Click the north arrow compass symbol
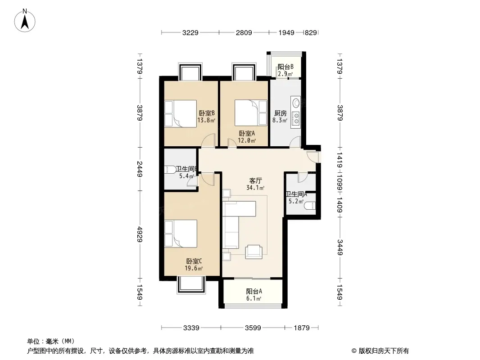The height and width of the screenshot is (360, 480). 25,20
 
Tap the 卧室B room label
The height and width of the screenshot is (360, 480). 207,113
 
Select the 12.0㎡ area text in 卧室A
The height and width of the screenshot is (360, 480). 247,141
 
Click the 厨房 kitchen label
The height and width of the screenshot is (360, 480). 280,113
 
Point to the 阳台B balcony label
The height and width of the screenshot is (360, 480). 285,67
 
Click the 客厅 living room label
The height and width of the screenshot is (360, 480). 255,181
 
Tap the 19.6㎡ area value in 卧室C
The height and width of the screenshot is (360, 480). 194,269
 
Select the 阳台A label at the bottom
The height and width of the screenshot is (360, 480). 254,292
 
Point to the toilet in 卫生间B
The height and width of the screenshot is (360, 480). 170,170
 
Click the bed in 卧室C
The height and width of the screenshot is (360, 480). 181,234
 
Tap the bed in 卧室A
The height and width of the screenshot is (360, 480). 251,113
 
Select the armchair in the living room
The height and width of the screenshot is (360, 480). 254,252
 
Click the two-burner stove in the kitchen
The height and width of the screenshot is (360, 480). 296,119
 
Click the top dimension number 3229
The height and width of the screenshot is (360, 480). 190,32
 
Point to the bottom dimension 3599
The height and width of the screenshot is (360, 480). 253,328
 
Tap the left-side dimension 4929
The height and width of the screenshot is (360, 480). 140,234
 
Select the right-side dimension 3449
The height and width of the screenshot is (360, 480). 340,247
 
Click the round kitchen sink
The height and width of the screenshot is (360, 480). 296,103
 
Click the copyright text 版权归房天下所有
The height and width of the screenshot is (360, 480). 383,351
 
